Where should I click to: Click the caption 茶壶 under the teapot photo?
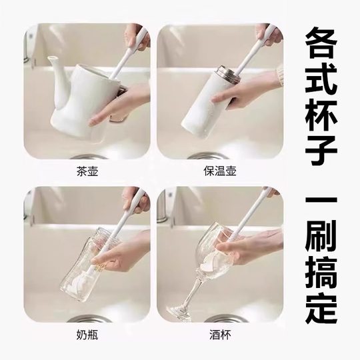coord(87,170)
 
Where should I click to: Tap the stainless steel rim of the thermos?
coord(226,74)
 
